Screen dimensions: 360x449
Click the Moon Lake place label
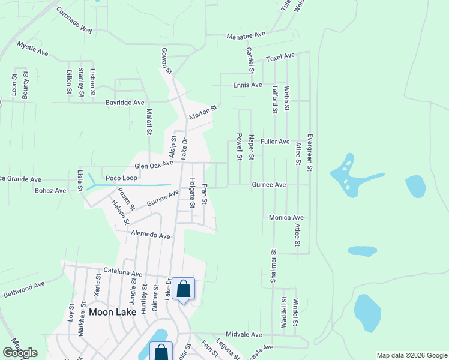113,312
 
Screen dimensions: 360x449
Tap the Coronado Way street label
74,20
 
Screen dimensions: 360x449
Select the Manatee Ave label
246,36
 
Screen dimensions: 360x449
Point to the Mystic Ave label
33,49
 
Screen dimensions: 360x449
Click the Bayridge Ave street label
125,103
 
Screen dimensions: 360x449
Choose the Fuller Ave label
275,142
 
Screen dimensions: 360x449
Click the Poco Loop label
122,178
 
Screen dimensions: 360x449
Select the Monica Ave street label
286,217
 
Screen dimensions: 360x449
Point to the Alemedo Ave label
151,235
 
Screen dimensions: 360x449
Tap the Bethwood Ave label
24,290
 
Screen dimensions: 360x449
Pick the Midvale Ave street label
244,334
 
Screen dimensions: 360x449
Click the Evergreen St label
310,152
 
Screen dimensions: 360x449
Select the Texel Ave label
281,58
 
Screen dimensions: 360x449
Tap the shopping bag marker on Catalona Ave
183,289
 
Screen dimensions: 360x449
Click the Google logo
20,353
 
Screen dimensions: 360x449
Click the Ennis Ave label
248,85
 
